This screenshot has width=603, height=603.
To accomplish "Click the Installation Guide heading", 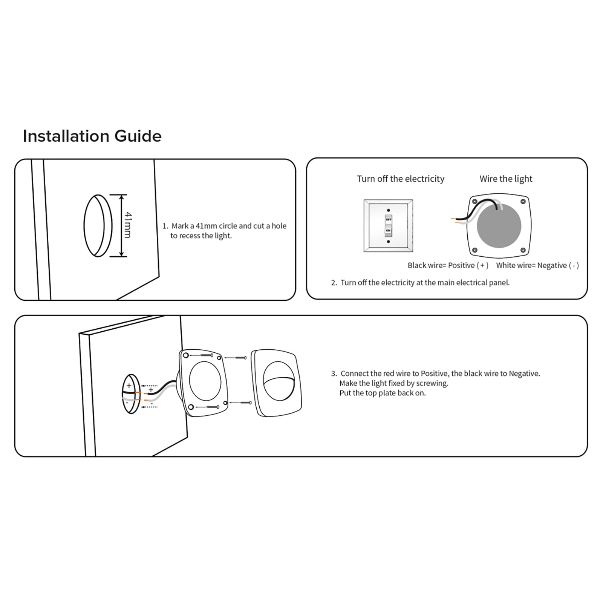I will pyautogui.click(x=92, y=136).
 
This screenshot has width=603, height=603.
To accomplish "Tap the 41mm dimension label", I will pyautogui.click(x=128, y=225).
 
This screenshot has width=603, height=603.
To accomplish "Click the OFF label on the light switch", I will pyautogui.click(x=388, y=219).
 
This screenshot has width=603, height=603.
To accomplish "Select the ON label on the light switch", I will pyautogui.click(x=388, y=230).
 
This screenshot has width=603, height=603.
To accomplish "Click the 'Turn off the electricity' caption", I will pyautogui.click(x=401, y=179).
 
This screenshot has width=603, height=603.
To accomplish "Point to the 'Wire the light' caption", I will pyautogui.click(x=506, y=179).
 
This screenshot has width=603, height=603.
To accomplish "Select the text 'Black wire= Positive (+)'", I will pyautogui.click(x=448, y=265).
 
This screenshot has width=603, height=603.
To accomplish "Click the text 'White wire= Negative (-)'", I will pyautogui.click(x=537, y=265).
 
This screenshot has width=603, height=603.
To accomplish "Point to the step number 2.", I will pyautogui.click(x=334, y=283).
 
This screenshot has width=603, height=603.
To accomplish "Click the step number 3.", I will pyautogui.click(x=334, y=373).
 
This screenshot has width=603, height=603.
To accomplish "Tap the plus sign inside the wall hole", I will pyautogui.click(x=129, y=386).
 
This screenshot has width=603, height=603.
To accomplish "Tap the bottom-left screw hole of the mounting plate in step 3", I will pyautogui.click(x=191, y=407).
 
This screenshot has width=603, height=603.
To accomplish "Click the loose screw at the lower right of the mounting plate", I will pyautogui.click(x=246, y=403).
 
